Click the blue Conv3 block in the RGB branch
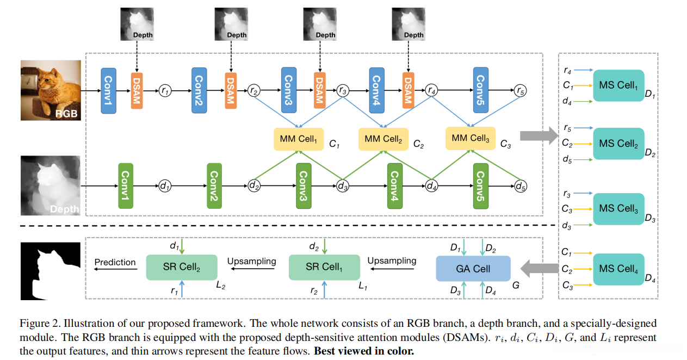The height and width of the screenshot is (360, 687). point(288,90)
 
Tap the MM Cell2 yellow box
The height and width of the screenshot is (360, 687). point(383,139)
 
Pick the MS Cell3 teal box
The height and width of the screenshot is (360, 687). point(618,208)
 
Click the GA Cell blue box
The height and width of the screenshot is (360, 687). point(473,269)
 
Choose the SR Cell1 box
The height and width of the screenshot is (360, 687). point(324,267)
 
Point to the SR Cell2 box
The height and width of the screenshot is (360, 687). point(182,267)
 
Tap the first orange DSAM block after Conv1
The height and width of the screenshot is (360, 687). point(137,90)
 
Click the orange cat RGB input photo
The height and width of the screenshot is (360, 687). point(50,90)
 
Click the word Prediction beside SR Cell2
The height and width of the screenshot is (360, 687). point(115,262)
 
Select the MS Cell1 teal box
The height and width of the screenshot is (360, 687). point(618,85)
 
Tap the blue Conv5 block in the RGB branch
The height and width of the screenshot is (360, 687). point(480,90)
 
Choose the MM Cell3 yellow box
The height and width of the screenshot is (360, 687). point(470,138)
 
